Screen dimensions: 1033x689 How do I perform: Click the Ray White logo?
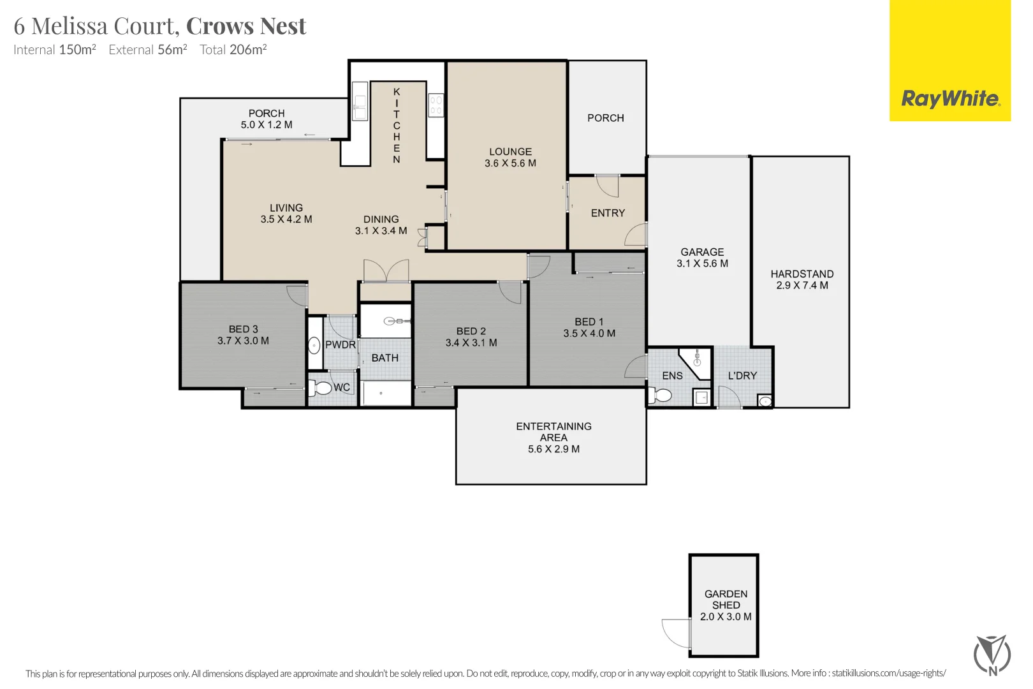950,61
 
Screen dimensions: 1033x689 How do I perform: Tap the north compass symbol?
992,655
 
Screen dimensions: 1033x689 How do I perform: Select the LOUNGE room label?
511,151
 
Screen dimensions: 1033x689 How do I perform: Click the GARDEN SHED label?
726,600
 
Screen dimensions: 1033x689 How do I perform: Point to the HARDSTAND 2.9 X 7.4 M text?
802,279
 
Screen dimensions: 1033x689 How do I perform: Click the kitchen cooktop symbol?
436,105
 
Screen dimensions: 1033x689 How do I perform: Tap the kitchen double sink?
360,101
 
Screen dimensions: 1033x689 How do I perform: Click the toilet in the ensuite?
660,395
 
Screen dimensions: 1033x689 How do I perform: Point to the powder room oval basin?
314,345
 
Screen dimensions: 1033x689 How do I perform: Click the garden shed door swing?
676,633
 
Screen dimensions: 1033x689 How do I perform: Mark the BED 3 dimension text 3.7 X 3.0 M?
243,341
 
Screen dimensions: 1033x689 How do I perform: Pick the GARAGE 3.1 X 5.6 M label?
702,258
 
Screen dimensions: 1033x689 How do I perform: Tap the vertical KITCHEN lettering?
397,126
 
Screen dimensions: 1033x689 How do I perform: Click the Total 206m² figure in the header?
233,49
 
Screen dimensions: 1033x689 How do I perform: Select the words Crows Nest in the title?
245,26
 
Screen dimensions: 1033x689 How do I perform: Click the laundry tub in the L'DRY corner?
765,401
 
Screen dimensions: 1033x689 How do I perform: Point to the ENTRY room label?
608,212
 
